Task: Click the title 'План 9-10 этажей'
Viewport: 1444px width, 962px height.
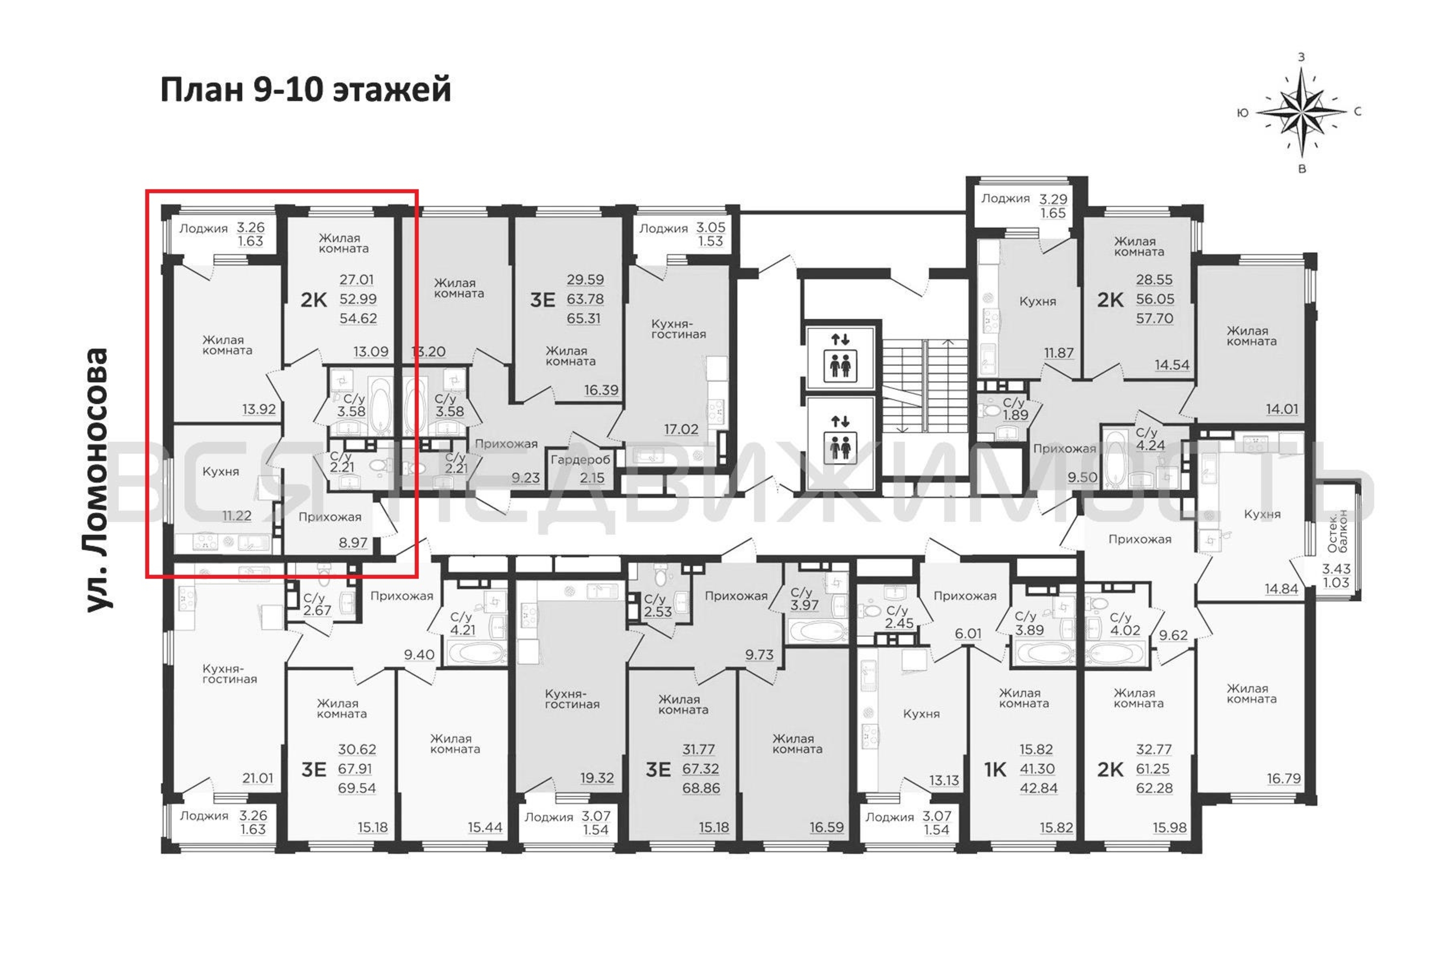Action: [x=306, y=89]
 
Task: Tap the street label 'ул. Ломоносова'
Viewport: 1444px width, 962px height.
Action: [x=97, y=480]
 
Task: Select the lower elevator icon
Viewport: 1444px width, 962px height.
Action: [x=840, y=443]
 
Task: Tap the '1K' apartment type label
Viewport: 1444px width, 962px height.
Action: [x=994, y=769]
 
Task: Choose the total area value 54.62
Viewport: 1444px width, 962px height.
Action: [x=358, y=318]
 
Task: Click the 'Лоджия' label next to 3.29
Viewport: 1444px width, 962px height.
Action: [x=1005, y=198]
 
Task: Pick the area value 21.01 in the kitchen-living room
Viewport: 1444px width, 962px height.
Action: [x=257, y=778]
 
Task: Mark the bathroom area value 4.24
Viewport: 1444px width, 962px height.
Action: [x=1150, y=445]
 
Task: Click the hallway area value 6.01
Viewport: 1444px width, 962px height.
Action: [x=968, y=633]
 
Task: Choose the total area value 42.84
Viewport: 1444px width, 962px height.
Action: [x=1039, y=788]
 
